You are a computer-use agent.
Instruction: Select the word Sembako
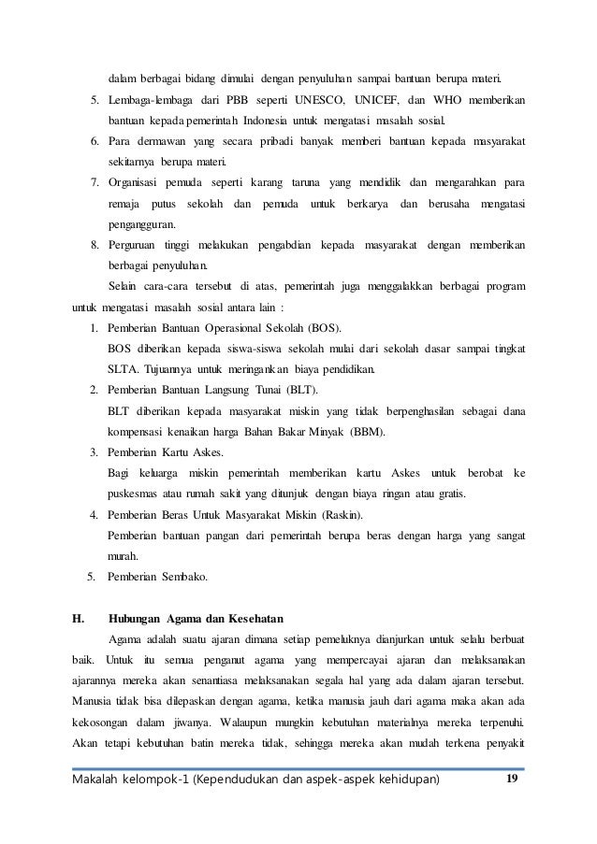pyautogui.click(x=184, y=576)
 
